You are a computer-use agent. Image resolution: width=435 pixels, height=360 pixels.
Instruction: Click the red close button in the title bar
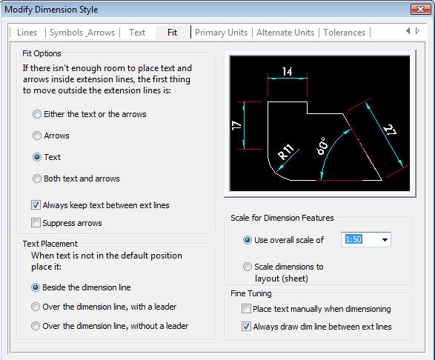point(421,9)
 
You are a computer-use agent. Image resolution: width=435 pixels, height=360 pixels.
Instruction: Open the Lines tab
point(27,33)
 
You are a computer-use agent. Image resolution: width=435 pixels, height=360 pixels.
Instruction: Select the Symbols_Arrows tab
point(82,33)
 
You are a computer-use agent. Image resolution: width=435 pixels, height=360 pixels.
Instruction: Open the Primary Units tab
point(221,33)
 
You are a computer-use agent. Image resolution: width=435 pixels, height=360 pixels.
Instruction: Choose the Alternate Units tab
point(285,33)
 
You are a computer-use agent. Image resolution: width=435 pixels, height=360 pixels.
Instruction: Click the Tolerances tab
point(345,33)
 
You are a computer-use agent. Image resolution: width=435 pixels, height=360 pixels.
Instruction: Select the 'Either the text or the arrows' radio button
point(37,114)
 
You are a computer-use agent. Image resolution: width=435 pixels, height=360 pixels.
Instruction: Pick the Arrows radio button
point(37,136)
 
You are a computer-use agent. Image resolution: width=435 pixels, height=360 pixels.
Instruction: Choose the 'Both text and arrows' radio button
point(37,179)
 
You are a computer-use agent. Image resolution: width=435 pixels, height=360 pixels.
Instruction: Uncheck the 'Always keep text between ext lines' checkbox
point(36,205)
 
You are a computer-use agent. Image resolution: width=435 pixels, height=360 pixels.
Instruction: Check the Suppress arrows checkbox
point(36,223)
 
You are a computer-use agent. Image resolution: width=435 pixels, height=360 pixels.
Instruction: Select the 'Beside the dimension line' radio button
point(36,287)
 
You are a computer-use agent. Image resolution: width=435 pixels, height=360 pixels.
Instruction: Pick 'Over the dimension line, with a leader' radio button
point(36,307)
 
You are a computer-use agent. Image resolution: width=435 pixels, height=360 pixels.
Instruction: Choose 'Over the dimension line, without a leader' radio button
point(36,326)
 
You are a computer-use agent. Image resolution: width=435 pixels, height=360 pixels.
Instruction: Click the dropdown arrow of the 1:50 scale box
point(385,240)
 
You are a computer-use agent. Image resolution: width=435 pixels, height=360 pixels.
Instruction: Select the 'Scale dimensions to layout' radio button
point(248,267)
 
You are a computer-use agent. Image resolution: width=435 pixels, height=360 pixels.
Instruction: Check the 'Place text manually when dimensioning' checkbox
point(246,309)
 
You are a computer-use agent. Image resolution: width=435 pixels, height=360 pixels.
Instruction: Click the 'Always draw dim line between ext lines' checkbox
point(246,327)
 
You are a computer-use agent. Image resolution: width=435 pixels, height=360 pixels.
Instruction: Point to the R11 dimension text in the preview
point(286,152)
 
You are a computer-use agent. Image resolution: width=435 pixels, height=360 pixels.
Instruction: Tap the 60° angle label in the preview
point(322,146)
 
